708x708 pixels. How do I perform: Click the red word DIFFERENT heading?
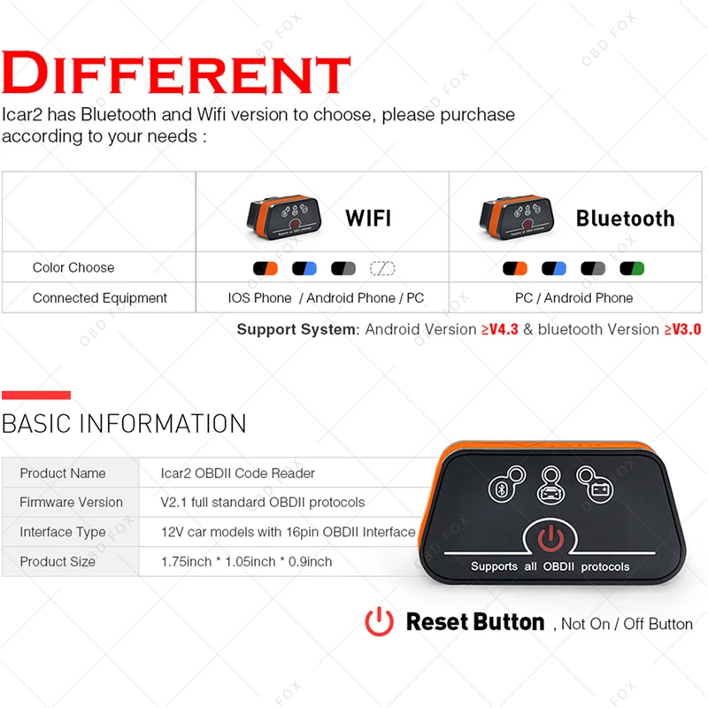[x=176, y=73]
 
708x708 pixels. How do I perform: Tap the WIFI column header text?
[x=368, y=219]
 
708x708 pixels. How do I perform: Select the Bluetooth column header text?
[x=626, y=219]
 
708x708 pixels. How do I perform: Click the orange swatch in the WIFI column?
[x=265, y=269]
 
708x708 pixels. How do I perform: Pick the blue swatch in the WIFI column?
[x=304, y=269]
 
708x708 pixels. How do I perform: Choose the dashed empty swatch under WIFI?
[x=382, y=269]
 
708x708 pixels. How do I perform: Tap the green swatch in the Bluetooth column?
[x=632, y=269]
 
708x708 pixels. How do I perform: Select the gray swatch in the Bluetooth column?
[x=593, y=269]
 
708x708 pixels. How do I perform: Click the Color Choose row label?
[x=73, y=268]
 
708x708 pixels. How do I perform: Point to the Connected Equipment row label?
[x=99, y=298]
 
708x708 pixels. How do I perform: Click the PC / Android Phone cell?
[x=573, y=298]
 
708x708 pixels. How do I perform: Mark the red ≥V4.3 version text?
[x=500, y=329]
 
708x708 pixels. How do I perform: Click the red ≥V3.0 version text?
[x=682, y=329]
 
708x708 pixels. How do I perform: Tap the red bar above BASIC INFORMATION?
[x=36, y=395]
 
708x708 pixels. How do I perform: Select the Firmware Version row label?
[x=72, y=502]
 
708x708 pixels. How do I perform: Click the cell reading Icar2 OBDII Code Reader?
[x=237, y=473]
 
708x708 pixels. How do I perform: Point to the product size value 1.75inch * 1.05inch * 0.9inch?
[x=247, y=561]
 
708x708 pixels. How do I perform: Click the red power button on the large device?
[x=550, y=538]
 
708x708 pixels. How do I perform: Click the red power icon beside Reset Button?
[x=380, y=622]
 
